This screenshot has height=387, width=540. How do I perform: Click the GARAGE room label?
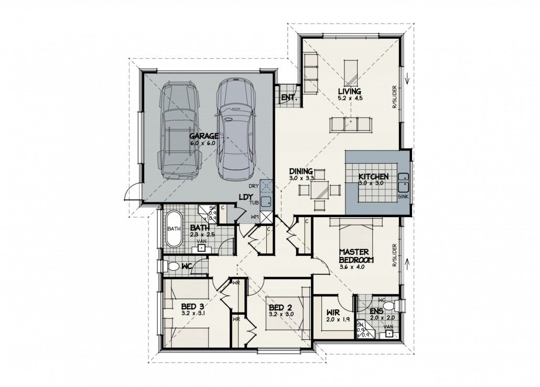pyautogui.click(x=204, y=136)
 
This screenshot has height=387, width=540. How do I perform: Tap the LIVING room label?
pyautogui.click(x=350, y=91)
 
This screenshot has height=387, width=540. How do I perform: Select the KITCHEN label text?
pyautogui.click(x=373, y=177)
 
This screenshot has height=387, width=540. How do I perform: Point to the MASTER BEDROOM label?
pyautogui.click(x=355, y=255)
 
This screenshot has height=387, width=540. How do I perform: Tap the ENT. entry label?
pyautogui.click(x=289, y=98)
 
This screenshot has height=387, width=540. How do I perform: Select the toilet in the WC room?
pyautogui.click(x=172, y=267)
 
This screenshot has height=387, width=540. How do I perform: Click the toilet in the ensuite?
pyautogui.click(x=397, y=305)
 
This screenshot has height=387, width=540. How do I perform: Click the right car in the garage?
pyautogui.click(x=235, y=129)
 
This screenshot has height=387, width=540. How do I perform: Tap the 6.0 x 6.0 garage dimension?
pyautogui.click(x=204, y=143)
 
